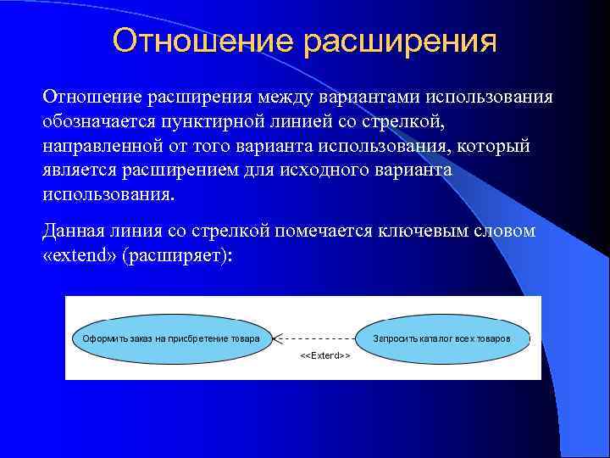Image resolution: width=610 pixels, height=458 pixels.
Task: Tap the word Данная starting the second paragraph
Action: [70, 232]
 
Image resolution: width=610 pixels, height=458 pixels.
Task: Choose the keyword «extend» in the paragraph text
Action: [79, 255]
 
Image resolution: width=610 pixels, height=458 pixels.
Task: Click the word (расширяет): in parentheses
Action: [176, 255]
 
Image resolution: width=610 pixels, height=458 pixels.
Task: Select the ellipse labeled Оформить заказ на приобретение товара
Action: [170, 338]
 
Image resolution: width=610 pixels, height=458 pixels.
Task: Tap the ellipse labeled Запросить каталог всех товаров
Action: [443, 338]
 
